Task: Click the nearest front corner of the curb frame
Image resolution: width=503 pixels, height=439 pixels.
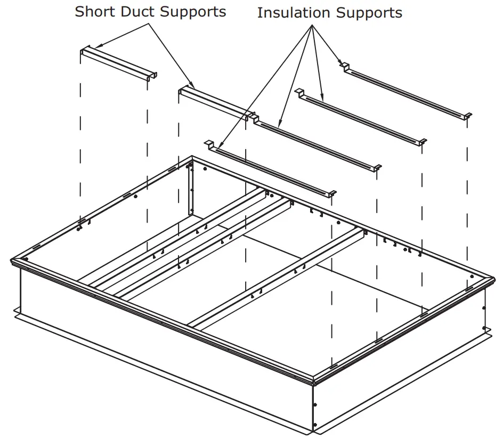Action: [314, 379]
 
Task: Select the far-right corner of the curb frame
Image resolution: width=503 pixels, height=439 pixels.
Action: [493, 277]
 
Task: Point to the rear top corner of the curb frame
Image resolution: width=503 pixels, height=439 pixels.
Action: [192, 158]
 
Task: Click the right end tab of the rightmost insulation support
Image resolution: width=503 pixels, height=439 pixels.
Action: [467, 116]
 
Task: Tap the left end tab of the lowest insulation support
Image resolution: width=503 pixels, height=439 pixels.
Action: [209, 143]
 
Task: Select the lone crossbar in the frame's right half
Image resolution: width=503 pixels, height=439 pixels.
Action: [277, 277]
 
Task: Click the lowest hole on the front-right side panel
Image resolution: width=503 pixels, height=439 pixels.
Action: [315, 424]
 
